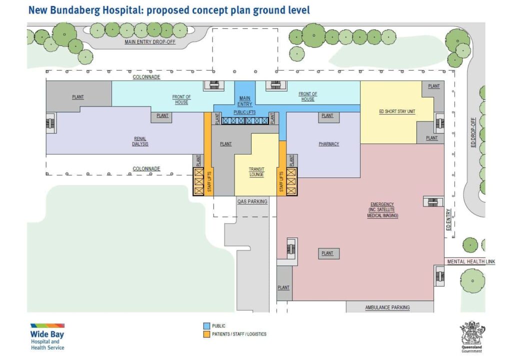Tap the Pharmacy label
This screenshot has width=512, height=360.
[x=328, y=144]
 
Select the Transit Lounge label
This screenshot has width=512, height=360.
[x=256, y=172]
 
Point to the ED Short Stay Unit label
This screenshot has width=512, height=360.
[x=397, y=111]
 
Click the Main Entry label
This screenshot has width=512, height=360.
[x=244, y=101]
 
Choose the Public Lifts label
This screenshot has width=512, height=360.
[x=244, y=112]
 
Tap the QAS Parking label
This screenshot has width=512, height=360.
[x=252, y=201]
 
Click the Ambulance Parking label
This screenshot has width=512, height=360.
[x=387, y=307]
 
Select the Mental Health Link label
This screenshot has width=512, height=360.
[x=470, y=261]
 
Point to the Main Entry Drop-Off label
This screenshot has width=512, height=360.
[x=150, y=42]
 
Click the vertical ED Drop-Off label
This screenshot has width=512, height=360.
[x=474, y=132]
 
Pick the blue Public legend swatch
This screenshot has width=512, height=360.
[x=205, y=325]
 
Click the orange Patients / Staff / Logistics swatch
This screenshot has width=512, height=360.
[x=205, y=333]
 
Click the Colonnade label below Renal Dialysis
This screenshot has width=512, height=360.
[x=146, y=169]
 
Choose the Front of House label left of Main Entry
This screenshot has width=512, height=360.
[x=181, y=99]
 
